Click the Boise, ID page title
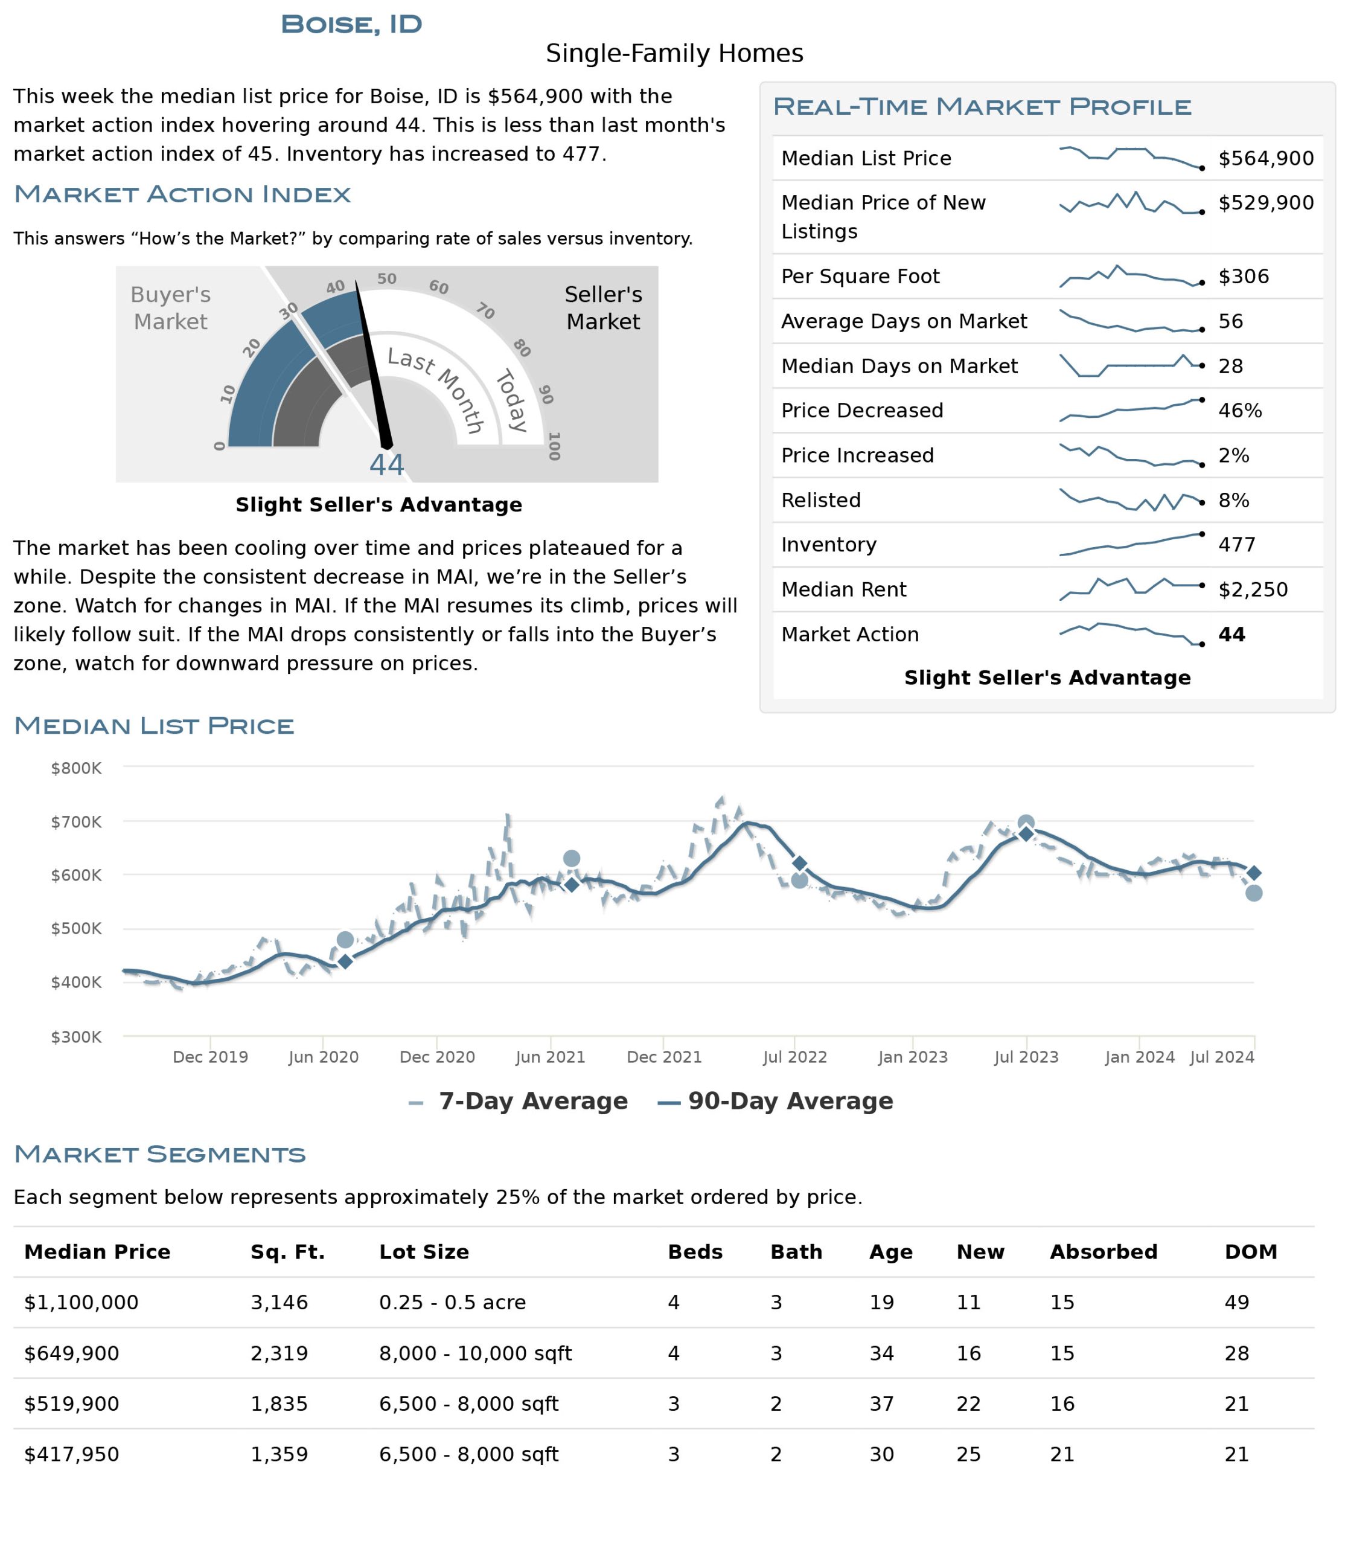point(351,24)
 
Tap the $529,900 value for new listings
point(1266,202)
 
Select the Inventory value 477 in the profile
point(1237,544)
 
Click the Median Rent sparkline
point(1131,588)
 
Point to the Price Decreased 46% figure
point(1240,410)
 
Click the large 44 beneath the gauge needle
point(386,465)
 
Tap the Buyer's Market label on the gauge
point(171,308)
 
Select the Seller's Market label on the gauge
point(603,308)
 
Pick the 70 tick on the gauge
point(485,311)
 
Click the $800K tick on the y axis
point(76,769)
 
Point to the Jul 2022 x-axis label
point(794,1057)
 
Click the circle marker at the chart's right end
point(1254,893)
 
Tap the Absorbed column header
point(1104,1252)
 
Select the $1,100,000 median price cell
point(81,1303)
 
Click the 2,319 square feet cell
point(279,1353)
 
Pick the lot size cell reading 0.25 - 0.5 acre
point(452,1303)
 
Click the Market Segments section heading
point(160,1154)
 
